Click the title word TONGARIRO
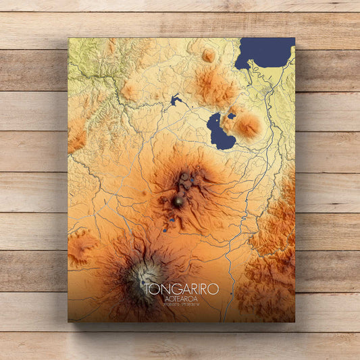pyautogui.click(x=181, y=289)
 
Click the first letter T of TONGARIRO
pyautogui.click(x=148, y=289)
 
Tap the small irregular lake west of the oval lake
pyautogui.click(x=176, y=101)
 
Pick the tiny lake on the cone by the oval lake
pyautogui.click(x=232, y=115)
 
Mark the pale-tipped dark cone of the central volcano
pyautogui.click(x=178, y=201)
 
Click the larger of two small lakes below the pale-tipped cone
pyautogui.click(x=172, y=221)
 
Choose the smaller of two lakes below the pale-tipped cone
pyautogui.click(x=164, y=230)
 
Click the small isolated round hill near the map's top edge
pyautogui.click(x=209, y=55)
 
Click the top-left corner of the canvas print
pyautogui.click(x=68, y=38)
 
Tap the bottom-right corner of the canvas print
pyautogui.click(x=294, y=322)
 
